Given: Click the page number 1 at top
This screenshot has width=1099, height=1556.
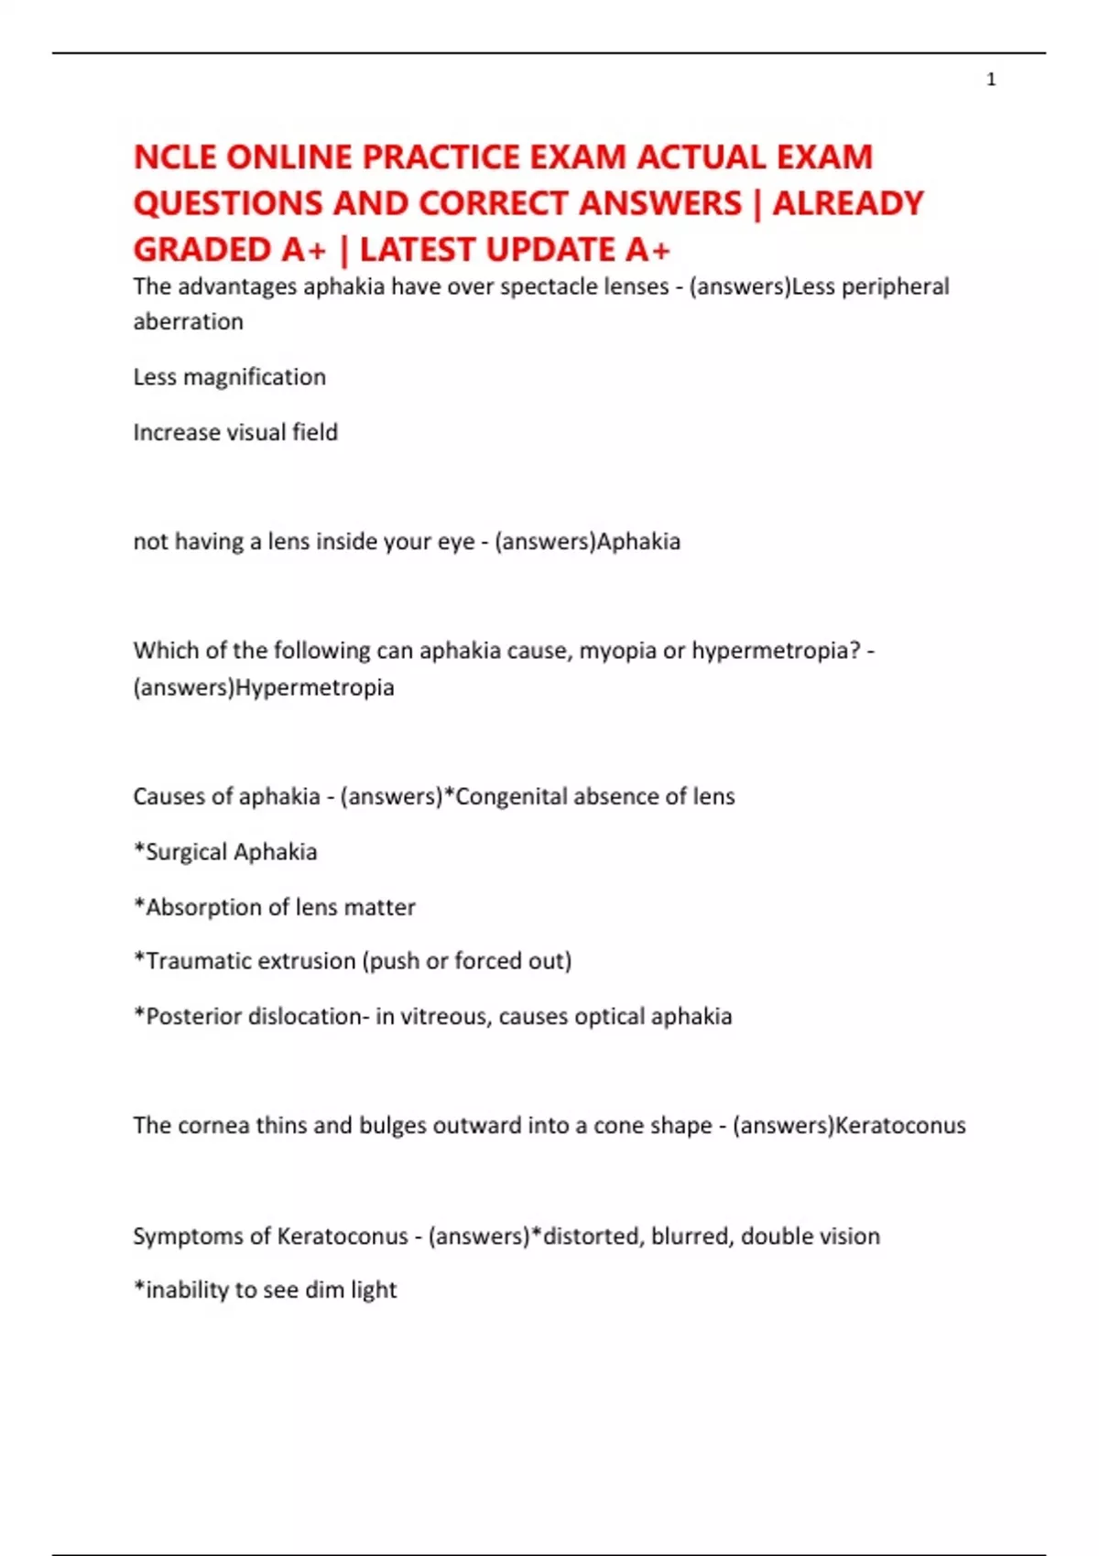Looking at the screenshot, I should click(991, 80).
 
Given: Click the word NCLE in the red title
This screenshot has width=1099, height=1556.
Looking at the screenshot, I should click(175, 157).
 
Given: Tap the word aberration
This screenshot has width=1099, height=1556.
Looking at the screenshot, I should click(188, 321).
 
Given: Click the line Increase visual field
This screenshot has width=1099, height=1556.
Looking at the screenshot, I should click(235, 432).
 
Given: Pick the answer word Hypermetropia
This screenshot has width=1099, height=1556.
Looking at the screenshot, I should click(314, 687).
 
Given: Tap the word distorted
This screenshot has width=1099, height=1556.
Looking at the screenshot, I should click(595, 1236).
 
